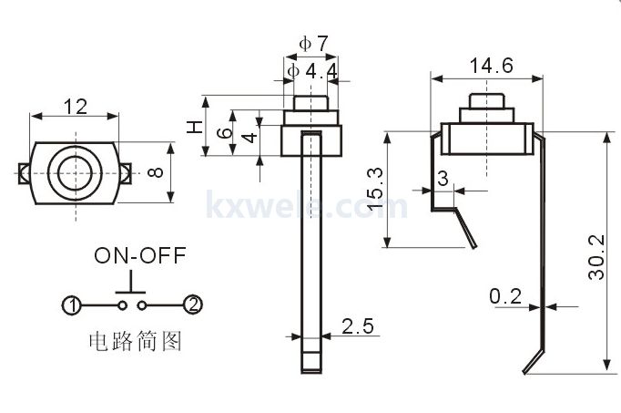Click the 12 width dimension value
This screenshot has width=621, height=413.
pyautogui.click(x=76, y=107)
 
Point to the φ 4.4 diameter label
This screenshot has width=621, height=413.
pyautogui.click(x=313, y=70)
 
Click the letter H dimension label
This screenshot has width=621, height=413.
pyautogui.click(x=194, y=129)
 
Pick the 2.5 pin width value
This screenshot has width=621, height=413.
pyautogui.click(x=356, y=325)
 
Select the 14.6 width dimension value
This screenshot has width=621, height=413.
pyautogui.click(x=491, y=66)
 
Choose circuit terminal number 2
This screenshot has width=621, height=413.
pyautogui.click(x=191, y=305)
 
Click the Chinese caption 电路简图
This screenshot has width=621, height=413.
pyautogui.click(x=134, y=342)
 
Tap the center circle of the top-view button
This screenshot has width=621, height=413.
pyautogui.click(x=75, y=170)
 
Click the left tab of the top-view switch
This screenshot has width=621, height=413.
pyautogui.click(x=24, y=172)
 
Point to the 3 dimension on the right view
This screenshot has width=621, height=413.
pyautogui.click(x=443, y=179)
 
